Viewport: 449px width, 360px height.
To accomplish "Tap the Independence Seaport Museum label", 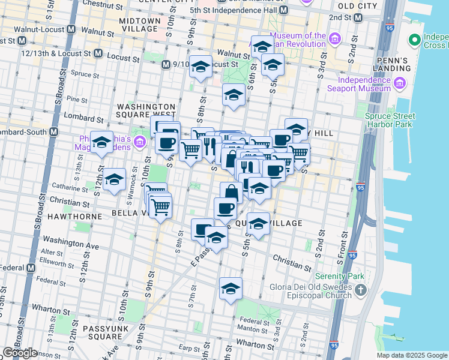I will (x=364, y=84).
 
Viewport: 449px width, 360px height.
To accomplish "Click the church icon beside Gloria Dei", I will (x=360, y=291).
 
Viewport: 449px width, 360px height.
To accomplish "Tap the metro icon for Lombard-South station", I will (x=54, y=131).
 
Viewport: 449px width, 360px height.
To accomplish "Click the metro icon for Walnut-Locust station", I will (x=71, y=29).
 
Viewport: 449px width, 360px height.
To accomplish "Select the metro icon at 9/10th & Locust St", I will (x=166, y=64).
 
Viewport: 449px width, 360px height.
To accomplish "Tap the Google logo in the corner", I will (x=20, y=353).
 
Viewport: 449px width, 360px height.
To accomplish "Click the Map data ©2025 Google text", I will (x=412, y=355).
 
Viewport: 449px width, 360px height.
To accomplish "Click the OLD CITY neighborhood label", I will (x=358, y=5).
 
